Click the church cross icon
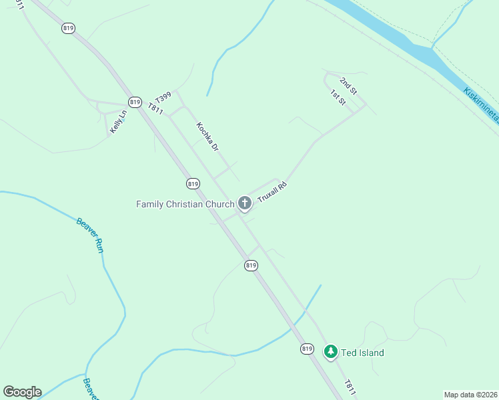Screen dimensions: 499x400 tap(244, 203)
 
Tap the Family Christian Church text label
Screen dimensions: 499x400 tap(185, 204)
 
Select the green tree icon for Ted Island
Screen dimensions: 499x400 tap(330, 351)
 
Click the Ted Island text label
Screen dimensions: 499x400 tap(362, 353)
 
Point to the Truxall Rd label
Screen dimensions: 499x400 tap(272, 193)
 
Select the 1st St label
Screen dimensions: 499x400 tap(338, 98)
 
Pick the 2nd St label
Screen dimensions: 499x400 tap(348, 86)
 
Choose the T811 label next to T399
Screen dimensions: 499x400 tap(155, 108)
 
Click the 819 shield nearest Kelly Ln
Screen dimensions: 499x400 tap(135, 102)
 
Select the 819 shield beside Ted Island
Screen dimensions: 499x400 tap(306, 349)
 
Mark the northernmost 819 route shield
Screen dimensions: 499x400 tap(68, 28)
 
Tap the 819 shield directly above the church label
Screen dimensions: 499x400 tap(193, 183)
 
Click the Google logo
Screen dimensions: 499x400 tap(22, 392)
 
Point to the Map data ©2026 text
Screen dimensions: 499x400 tap(471, 395)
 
